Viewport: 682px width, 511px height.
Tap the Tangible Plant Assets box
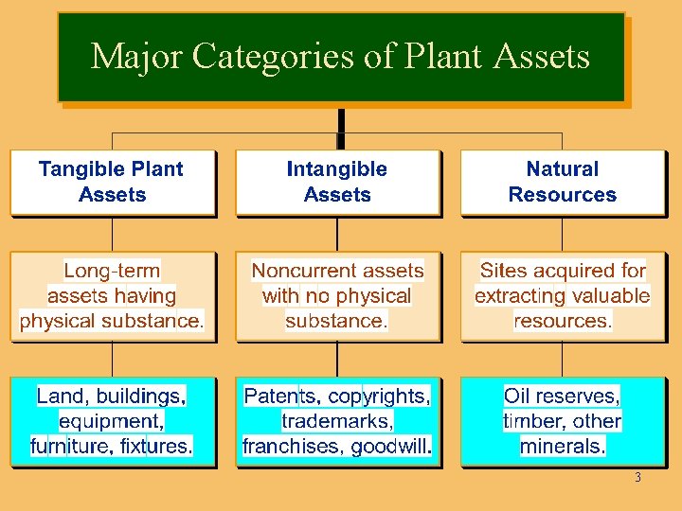pos(112,182)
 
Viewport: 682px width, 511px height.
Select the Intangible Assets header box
pos(337,182)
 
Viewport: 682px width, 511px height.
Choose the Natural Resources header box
pos(562,182)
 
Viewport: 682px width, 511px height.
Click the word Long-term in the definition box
pos(112,271)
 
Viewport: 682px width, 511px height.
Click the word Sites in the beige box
pos(502,271)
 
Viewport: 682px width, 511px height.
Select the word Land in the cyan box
pos(57,396)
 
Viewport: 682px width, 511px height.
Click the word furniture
pos(69,446)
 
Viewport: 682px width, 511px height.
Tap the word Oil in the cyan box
pos(516,396)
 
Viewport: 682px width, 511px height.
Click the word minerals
pos(563,446)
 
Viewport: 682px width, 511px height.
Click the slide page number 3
pos(637,478)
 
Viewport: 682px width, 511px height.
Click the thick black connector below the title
pos(340,121)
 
